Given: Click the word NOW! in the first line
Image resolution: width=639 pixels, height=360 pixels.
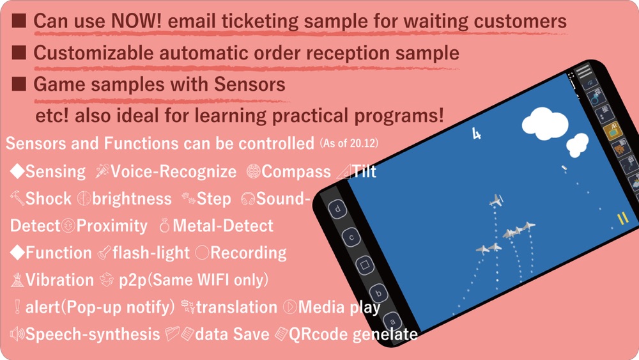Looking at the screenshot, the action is [136, 21].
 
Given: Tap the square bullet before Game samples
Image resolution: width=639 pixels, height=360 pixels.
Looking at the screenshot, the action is [19, 84].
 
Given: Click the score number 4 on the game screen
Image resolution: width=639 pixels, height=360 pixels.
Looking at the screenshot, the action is [476, 133].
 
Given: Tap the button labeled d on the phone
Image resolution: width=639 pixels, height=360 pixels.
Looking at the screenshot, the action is [337, 210].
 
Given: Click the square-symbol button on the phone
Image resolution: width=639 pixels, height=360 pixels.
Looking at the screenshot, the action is [364, 265].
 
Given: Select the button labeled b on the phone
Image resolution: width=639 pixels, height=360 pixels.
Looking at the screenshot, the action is [378, 293].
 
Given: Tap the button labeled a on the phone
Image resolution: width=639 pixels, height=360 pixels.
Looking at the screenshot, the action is [392, 322].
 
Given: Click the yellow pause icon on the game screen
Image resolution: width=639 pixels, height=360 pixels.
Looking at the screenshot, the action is [622, 219].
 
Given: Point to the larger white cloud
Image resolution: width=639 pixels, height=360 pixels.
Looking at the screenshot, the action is [545, 122].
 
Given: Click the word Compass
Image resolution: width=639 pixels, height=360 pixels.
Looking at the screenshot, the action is [296, 171].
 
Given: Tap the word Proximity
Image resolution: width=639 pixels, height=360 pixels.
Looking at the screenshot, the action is [112, 226].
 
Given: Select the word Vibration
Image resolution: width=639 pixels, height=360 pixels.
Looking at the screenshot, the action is [59, 279].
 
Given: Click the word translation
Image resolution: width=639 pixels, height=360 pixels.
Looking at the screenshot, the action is [236, 307].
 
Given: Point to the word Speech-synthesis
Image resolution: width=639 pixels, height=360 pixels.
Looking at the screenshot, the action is [93, 334].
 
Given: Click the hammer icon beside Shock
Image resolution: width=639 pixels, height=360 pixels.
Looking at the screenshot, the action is [17, 198].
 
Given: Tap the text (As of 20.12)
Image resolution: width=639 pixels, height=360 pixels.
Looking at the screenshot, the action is [350, 143].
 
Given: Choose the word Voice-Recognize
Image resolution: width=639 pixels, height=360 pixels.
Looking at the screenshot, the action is [174, 171].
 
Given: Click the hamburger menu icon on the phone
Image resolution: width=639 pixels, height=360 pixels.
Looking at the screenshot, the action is [583, 71].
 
